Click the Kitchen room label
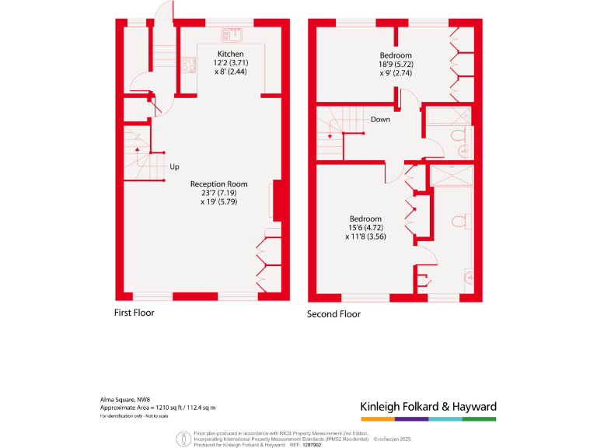pos(230,53)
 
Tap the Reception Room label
pos(219,184)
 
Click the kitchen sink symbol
pos(232,34)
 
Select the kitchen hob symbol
pos(187,65)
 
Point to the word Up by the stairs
pos(174,166)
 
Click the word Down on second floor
pos(380,120)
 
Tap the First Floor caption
pos(134,313)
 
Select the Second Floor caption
pos(334,314)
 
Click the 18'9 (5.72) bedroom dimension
pos(396,65)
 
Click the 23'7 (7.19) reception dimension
pos(218,193)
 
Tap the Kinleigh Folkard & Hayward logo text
pos(428,406)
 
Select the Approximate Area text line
pos(158,408)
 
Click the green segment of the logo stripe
pos(479,418)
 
